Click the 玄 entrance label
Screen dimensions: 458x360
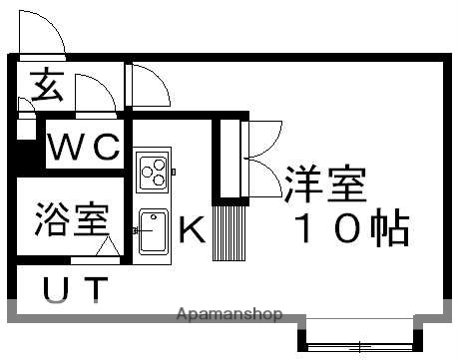point(44,88)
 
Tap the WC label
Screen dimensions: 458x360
point(85,149)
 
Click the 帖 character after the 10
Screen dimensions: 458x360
point(388,230)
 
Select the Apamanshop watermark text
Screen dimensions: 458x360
point(229,314)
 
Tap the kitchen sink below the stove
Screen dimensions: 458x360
point(153,231)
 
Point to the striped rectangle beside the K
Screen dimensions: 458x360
point(229,230)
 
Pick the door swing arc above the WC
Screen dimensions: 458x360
point(93,97)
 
